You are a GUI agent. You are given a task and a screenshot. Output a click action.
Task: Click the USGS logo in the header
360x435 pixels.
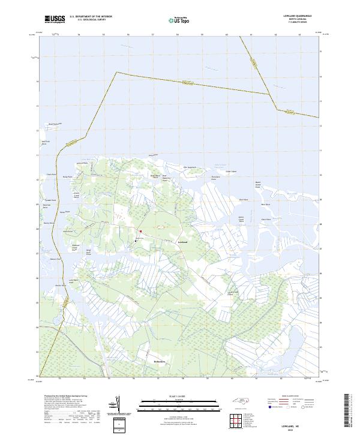coord(55,19)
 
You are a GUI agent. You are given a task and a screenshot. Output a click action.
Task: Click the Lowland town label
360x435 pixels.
coord(183,242)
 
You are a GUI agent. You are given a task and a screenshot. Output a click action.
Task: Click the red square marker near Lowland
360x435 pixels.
coord(140,231)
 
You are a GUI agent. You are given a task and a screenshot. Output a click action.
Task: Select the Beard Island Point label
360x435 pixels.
coord(258,185)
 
